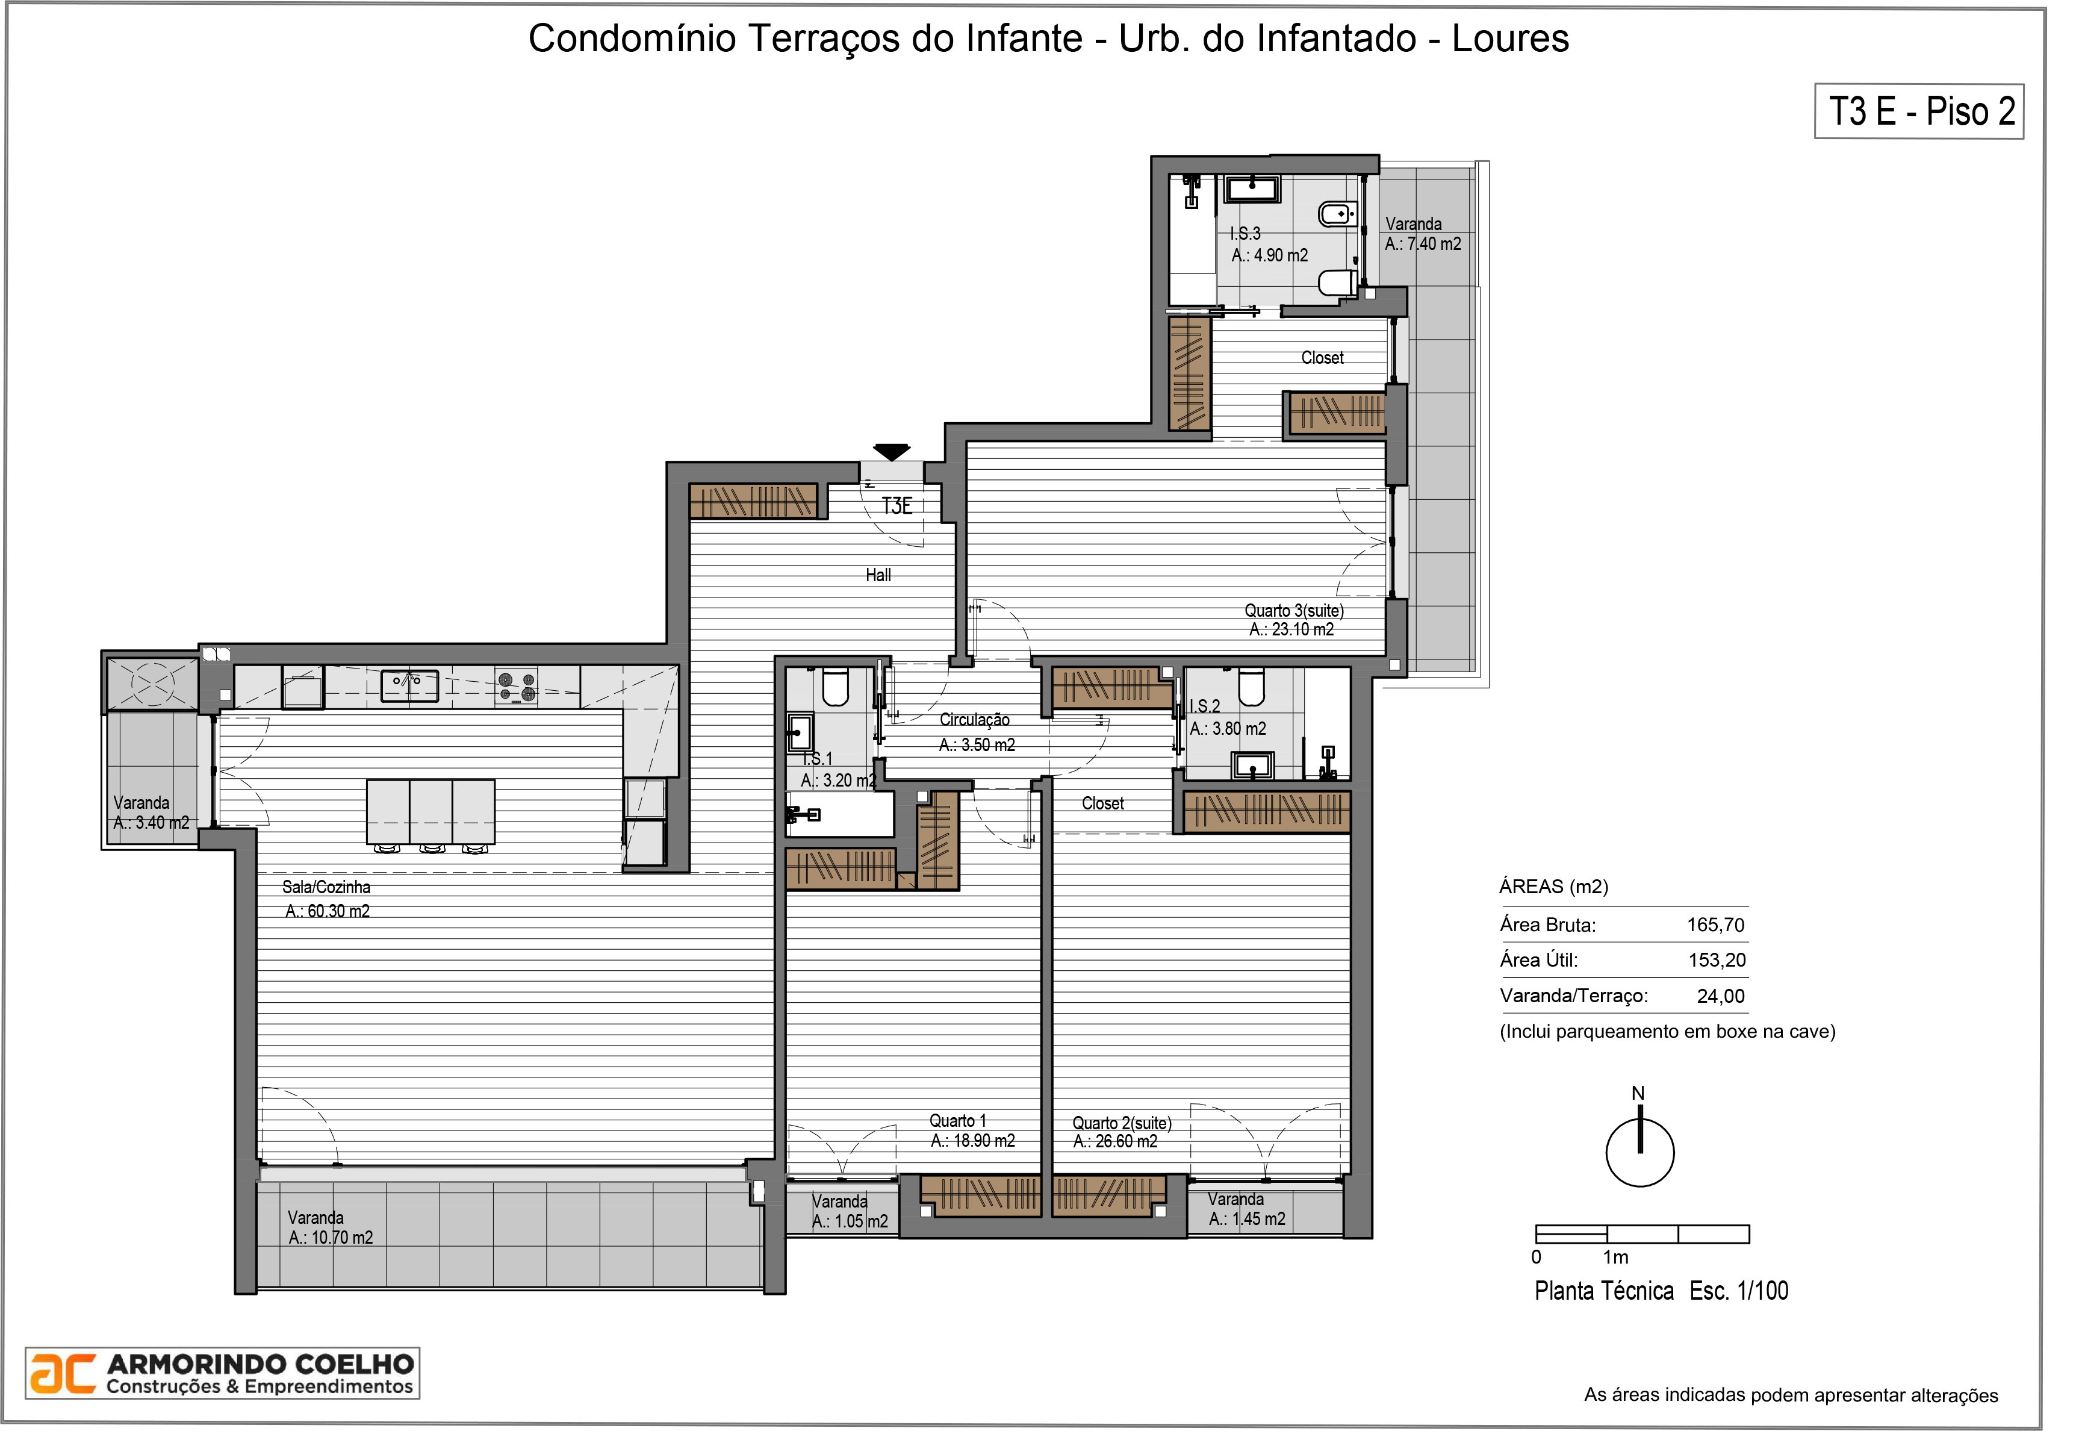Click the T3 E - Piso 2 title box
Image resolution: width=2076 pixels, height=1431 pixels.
(1919, 111)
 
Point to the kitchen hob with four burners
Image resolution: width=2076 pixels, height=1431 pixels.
(517, 687)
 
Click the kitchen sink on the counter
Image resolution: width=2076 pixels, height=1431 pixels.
(409, 686)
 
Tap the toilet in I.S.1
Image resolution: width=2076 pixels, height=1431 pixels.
(836, 687)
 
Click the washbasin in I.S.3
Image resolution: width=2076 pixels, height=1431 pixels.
(1252, 189)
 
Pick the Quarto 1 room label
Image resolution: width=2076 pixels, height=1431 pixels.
(957, 1121)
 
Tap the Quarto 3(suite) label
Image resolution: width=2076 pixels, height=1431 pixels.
(1293, 611)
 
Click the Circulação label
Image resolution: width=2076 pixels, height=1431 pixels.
(974, 720)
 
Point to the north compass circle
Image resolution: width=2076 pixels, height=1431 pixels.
(1640, 1153)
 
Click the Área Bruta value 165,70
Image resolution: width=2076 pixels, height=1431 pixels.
(1716, 925)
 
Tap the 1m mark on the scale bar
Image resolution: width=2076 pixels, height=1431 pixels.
(1615, 1257)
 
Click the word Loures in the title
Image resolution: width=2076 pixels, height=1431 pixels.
(1511, 39)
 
